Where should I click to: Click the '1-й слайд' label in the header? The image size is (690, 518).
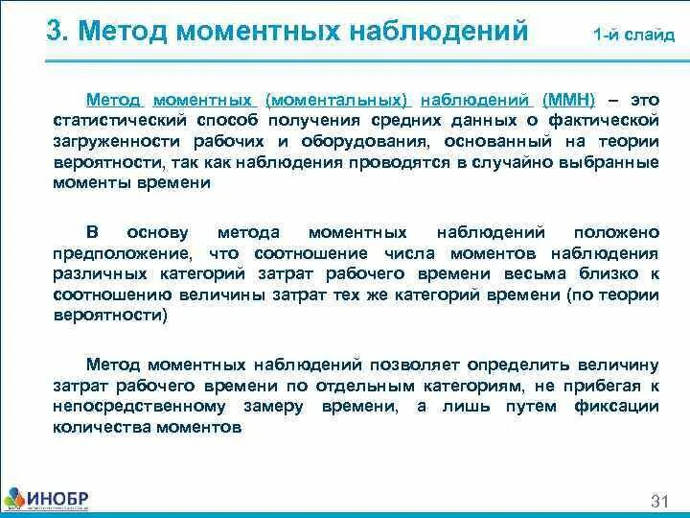click(634, 35)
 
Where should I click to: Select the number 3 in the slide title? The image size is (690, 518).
click(55, 32)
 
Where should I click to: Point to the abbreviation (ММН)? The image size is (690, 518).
click(568, 100)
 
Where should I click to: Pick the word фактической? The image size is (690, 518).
click(609, 121)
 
